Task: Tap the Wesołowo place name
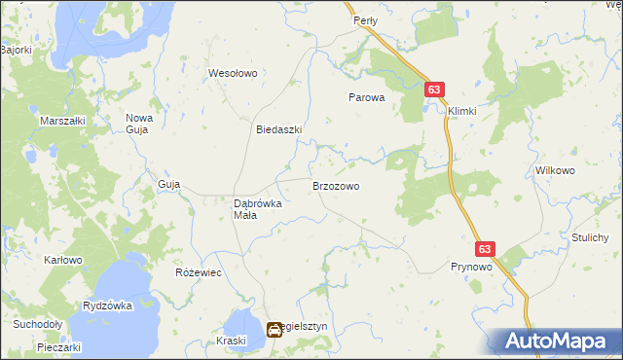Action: coord(232,73)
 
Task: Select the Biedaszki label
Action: coord(278,129)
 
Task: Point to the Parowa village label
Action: coord(368,98)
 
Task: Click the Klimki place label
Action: coord(462,111)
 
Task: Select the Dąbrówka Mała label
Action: coord(257,209)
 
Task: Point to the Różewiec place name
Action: coord(199,272)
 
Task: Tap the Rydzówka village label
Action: coord(107,306)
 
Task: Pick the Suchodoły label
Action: coord(37,324)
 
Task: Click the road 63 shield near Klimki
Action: coord(435,90)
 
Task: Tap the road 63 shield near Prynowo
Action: coord(486,249)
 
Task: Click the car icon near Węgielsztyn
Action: coord(275,330)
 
